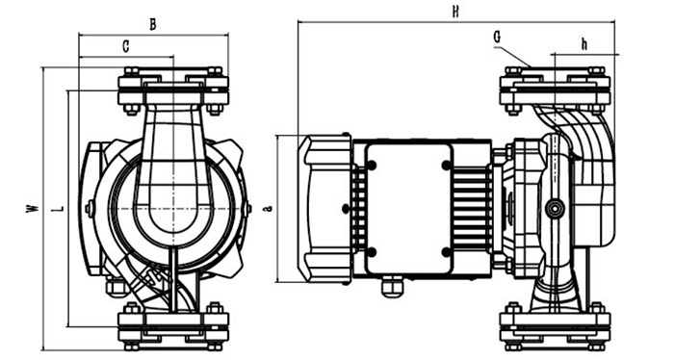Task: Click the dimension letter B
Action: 152,25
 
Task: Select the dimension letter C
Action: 126,46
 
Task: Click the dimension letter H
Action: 455,12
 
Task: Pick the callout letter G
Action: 497,38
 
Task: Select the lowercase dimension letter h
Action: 584,44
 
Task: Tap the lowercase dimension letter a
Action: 269,209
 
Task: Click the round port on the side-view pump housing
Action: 555,209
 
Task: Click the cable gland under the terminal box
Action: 393,286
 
